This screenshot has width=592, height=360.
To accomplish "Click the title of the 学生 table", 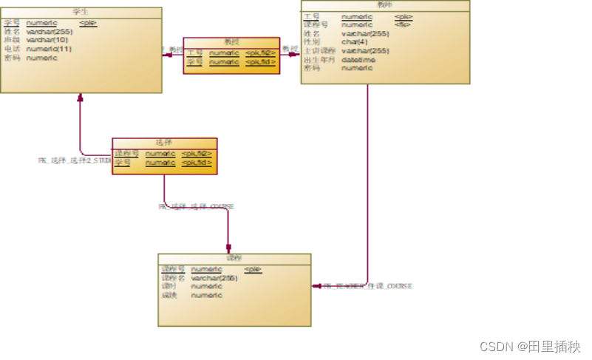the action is click(x=81, y=12).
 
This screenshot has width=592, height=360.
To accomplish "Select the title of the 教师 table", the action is click(x=384, y=4).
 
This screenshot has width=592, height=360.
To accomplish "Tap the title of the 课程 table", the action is click(x=234, y=258).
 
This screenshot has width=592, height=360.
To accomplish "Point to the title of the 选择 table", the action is click(x=164, y=142).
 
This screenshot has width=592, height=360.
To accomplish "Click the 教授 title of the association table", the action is click(x=231, y=42).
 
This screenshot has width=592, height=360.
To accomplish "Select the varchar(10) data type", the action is click(x=47, y=40).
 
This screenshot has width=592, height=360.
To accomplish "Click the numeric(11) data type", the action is click(x=49, y=49).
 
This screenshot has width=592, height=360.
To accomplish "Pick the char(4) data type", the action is click(x=354, y=42).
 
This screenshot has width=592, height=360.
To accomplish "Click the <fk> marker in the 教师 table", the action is click(x=402, y=24).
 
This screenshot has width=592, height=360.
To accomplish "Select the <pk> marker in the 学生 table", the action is click(x=88, y=23).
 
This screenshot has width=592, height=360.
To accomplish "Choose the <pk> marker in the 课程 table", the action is click(x=253, y=269).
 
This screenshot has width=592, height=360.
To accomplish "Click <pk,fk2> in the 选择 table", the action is click(x=197, y=153).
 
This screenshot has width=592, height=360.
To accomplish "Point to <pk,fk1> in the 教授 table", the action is click(x=261, y=62).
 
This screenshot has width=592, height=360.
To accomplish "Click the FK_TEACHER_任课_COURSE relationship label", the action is click(x=367, y=285).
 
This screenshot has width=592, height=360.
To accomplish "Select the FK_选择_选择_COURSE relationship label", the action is click(x=196, y=207).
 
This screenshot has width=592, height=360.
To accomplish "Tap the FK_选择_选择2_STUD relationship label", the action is click(x=75, y=160).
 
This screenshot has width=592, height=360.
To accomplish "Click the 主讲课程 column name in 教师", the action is click(x=320, y=51).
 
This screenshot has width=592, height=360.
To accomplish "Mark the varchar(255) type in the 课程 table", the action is click(x=214, y=278).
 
